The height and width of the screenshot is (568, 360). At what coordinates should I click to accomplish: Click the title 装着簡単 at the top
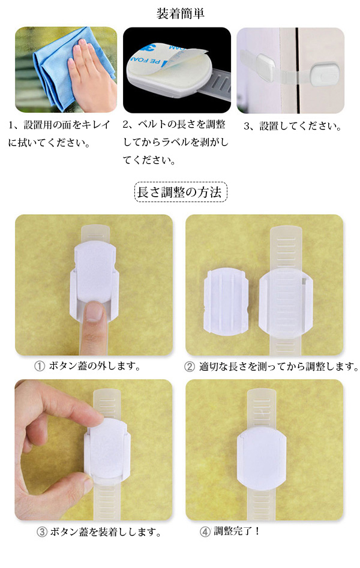pyautogui.click(x=180, y=13)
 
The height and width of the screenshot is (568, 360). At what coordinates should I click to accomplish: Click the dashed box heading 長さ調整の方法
pyautogui.click(x=181, y=192)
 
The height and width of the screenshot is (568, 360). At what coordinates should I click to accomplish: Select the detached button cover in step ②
pyautogui.click(x=226, y=301)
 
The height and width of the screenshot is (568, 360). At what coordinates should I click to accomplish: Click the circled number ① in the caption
pyautogui.click(x=40, y=366)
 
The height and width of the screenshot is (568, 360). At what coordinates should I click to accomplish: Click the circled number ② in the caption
pyautogui.click(x=190, y=366)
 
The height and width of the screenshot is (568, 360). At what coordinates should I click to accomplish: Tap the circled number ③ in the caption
pyautogui.click(x=42, y=532)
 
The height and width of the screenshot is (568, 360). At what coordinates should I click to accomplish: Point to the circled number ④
pyautogui.click(x=205, y=532)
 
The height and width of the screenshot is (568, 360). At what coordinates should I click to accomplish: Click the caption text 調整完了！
pyautogui.click(x=237, y=531)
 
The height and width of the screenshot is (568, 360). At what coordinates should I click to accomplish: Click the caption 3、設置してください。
pyautogui.click(x=293, y=126)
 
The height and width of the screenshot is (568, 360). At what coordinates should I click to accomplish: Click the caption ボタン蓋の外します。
pyautogui.click(x=95, y=366)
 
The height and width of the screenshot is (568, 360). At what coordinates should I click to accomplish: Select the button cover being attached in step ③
pyautogui.click(x=107, y=450)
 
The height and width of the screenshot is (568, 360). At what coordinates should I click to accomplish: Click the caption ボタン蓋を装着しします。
pyautogui.click(x=106, y=532)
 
